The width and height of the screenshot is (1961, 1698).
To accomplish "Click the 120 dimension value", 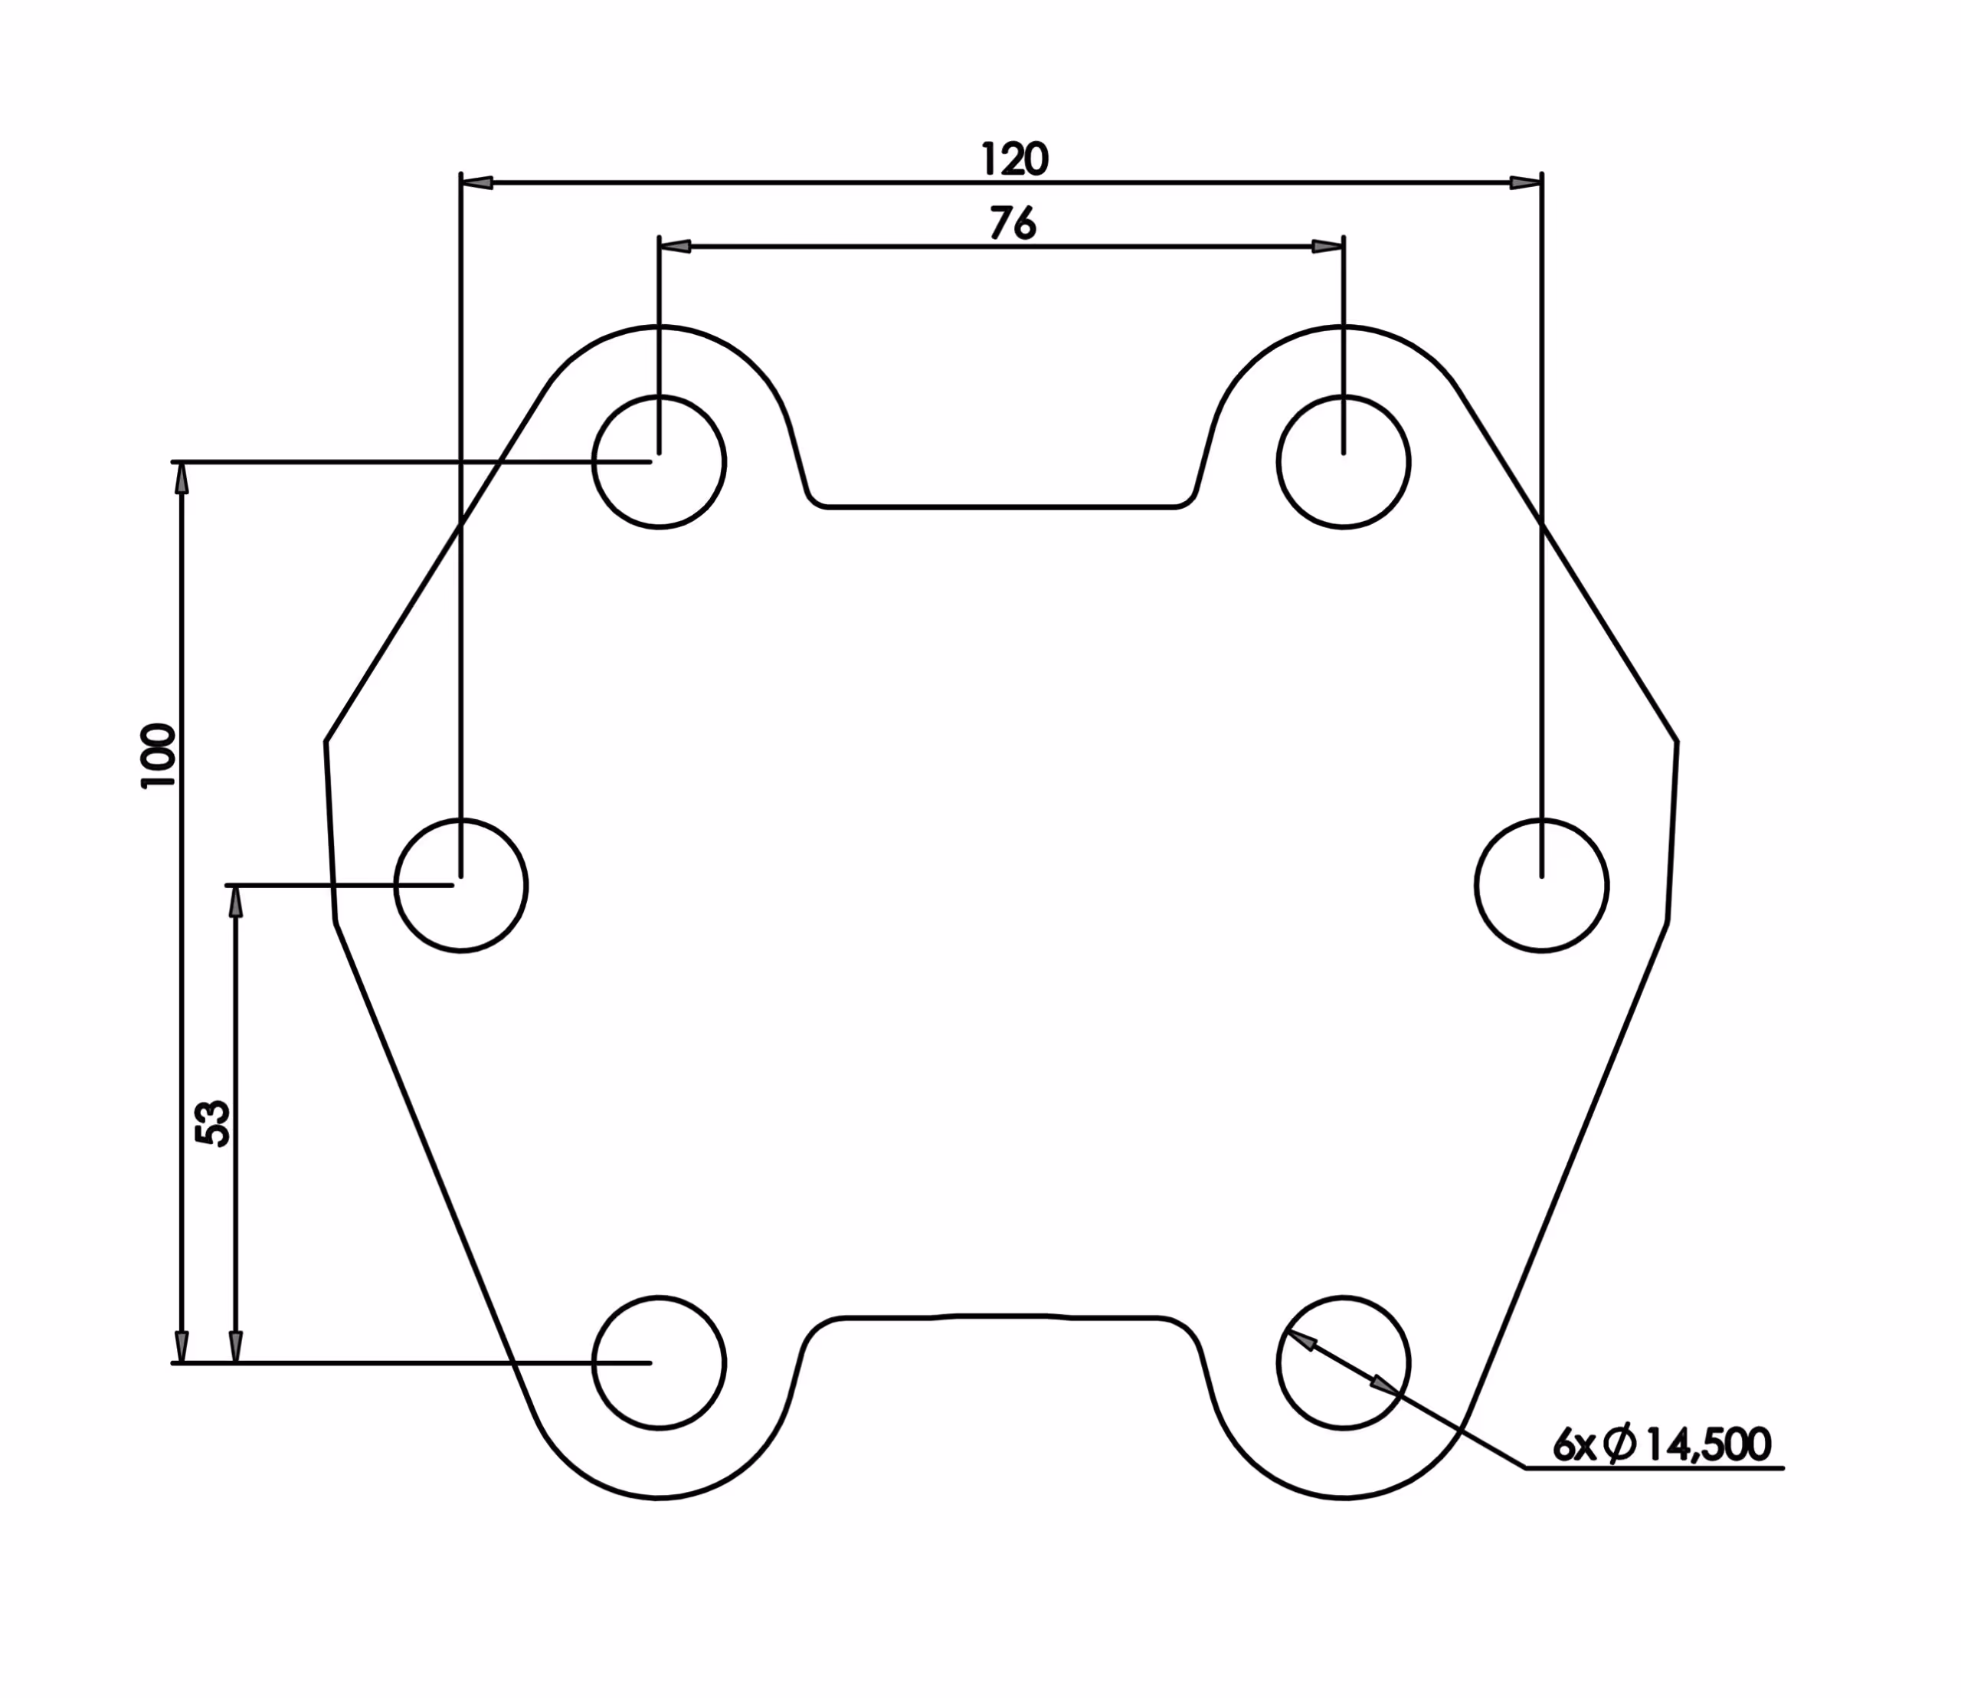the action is pos(1015,159).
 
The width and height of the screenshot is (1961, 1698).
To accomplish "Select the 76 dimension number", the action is pos(1013,224).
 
